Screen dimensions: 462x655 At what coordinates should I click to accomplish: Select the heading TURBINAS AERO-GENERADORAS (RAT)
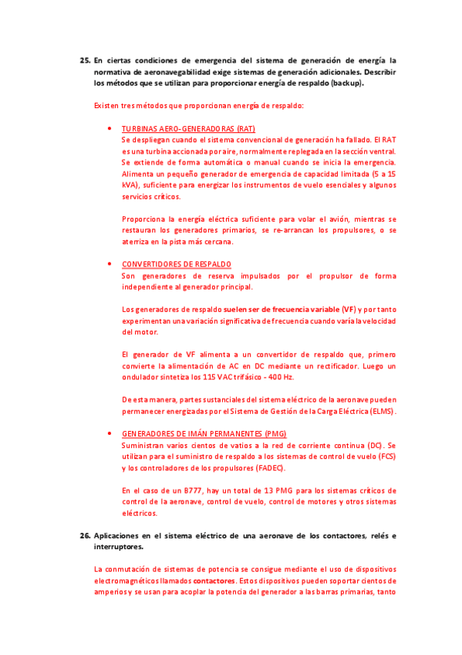point(188,128)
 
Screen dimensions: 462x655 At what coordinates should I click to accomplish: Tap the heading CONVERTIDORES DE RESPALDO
point(177,264)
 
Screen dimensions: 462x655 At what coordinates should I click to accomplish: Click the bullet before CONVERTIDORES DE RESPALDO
point(112,264)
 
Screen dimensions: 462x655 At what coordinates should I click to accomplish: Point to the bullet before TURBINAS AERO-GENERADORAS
point(112,128)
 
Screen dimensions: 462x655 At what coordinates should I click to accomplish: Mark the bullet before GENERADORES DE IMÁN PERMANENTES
point(112,434)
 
